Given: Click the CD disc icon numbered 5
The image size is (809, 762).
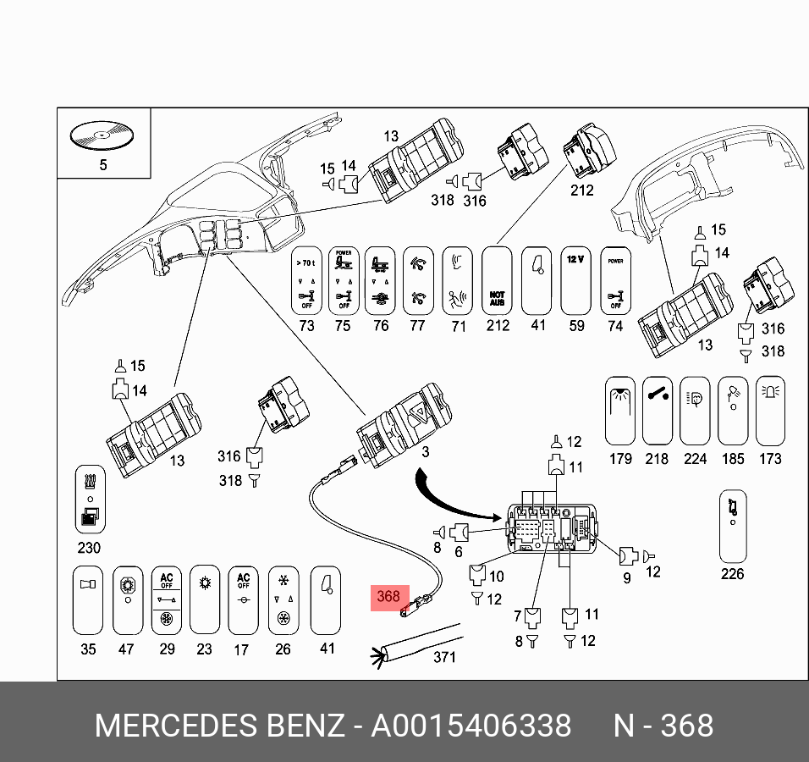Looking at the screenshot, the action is [102, 135].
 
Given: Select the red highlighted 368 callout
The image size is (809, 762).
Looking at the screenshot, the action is [388, 597].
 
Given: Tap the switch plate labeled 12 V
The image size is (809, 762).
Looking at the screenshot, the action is [575, 280].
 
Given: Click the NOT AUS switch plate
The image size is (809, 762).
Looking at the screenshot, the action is [498, 280].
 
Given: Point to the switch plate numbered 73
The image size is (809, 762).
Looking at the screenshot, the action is [306, 280].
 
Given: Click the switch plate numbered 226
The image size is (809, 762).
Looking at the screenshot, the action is [733, 526].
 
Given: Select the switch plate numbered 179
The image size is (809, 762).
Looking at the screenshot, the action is [620, 411].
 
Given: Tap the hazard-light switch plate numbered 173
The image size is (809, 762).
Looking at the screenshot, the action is [770, 411].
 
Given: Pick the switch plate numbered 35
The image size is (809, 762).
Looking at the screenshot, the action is [88, 599].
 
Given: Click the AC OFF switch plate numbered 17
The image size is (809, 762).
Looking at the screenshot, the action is [243, 599].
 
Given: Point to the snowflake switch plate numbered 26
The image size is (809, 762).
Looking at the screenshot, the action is [283, 599].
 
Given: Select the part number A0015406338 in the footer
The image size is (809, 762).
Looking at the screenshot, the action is [471, 726].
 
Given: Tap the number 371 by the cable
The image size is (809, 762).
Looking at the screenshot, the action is [444, 657].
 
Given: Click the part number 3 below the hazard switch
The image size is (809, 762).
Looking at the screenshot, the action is [426, 452].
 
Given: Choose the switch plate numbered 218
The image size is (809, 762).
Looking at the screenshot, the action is [658, 411].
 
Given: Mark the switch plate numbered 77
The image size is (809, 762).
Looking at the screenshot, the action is [418, 280].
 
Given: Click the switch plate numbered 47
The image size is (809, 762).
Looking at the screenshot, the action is [127, 599].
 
